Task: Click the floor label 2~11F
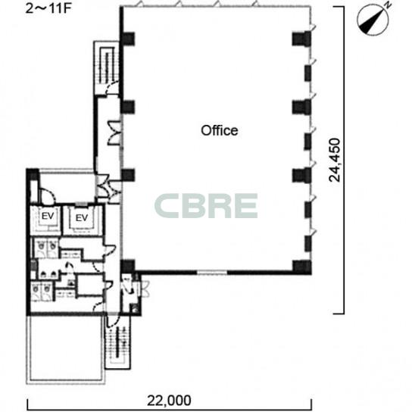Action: [48, 8]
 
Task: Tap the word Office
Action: [220, 130]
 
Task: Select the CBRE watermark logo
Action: [206, 206]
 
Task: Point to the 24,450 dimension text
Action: [335, 160]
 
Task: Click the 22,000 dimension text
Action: [169, 401]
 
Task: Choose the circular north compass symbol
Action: [373, 20]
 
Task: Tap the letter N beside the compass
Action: [389, 5]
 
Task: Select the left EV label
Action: [48, 217]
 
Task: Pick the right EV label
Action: [82, 218]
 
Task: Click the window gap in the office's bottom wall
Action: [212, 273]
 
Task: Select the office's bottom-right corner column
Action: [302, 267]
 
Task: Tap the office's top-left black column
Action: [128, 39]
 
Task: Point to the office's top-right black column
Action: [301, 39]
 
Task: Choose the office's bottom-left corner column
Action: [128, 267]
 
